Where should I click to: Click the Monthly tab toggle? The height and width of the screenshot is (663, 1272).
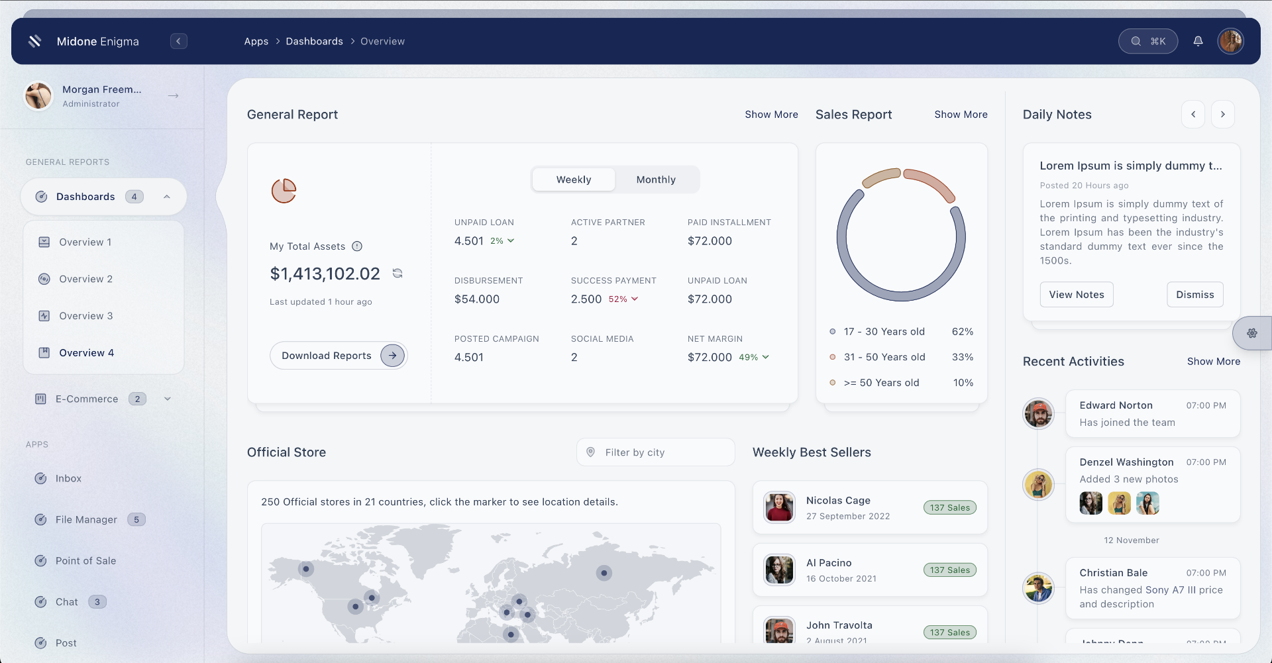point(656,179)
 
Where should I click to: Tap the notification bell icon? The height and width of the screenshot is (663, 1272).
point(1198,41)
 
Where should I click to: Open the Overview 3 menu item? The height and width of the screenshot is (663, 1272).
point(86,316)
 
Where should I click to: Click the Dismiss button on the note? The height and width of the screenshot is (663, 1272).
point(1194,295)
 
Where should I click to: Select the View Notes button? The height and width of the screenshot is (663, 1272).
point(1076,295)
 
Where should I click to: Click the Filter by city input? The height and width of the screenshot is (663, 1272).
point(656,452)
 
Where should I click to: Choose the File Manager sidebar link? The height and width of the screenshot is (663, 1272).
point(86,520)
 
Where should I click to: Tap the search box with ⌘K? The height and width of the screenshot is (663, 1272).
point(1147,41)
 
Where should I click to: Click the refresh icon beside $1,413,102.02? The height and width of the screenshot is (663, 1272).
point(397,274)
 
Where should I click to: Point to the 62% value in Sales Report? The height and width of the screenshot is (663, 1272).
point(962,332)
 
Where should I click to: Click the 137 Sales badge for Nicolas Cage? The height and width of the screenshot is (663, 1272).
point(949,508)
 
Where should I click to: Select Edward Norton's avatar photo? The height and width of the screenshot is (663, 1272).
point(1038,414)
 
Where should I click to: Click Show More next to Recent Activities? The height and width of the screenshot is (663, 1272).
point(1213,362)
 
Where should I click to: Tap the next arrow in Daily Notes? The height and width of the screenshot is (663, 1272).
point(1222,115)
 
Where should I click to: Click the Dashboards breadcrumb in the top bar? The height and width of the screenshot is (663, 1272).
point(314,41)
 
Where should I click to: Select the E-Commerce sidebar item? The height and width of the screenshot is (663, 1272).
point(87,399)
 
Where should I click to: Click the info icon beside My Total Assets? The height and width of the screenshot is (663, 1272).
point(357,246)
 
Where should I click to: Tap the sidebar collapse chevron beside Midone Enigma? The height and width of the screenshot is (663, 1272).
point(178,41)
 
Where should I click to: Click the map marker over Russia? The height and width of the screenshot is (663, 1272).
point(604,573)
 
